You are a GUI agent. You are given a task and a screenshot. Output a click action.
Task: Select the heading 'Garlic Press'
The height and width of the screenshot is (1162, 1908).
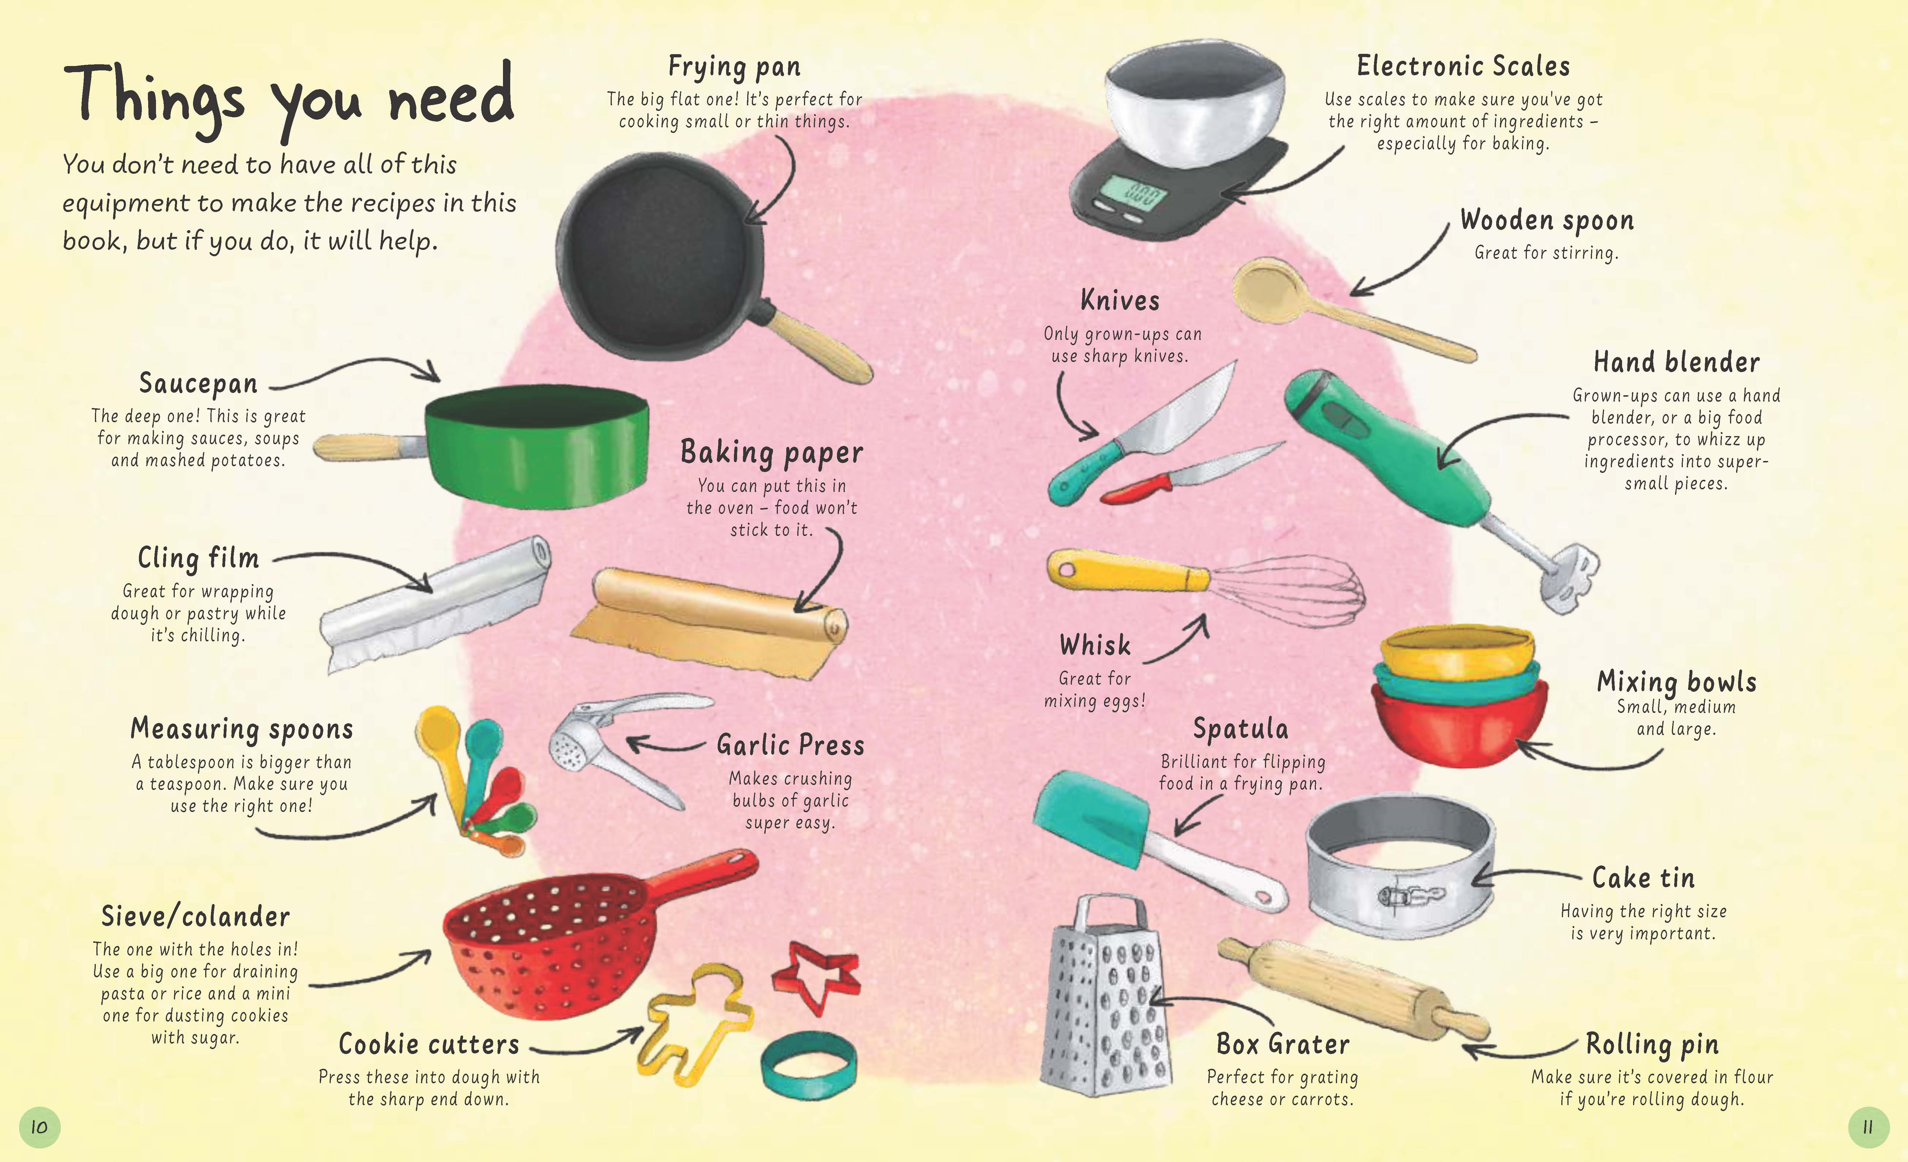[x=790, y=745]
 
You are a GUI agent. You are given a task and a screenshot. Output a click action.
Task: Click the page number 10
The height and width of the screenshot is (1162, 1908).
[x=39, y=1127]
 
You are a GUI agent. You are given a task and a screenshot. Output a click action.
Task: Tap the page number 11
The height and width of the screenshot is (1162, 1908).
[x=1868, y=1127]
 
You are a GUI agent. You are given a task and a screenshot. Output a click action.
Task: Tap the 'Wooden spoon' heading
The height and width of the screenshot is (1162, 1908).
[x=1546, y=221]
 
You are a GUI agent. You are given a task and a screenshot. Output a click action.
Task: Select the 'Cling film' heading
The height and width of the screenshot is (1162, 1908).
[x=198, y=558]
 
